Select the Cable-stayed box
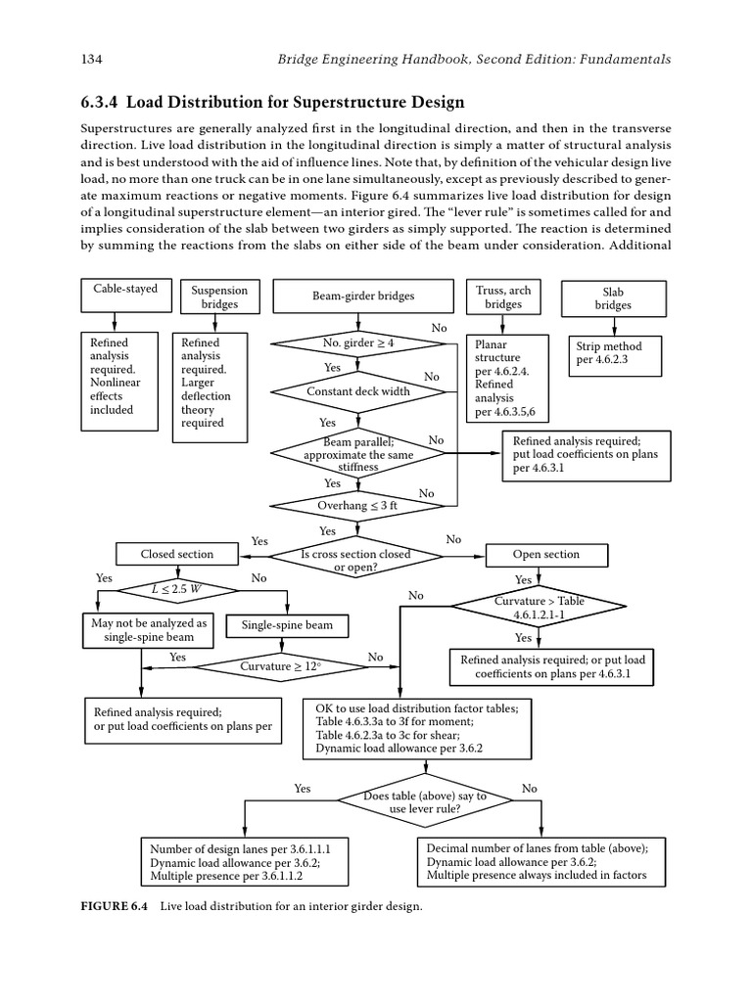pyautogui.click(x=125, y=290)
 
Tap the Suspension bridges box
pyautogui.click(x=219, y=297)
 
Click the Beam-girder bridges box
pyautogui.click(x=362, y=296)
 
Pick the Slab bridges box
pyautogui.click(x=614, y=298)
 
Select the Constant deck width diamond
pyautogui.click(x=358, y=391)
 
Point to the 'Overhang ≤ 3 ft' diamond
pyautogui.click(x=358, y=505)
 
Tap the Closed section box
pyautogui.click(x=176, y=554)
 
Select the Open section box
pyautogui.click(x=546, y=554)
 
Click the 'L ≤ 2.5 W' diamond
pyautogui.click(x=177, y=589)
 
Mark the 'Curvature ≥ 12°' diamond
pyautogui.click(x=280, y=666)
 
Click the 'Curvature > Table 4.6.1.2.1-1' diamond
pyautogui.click(x=546, y=608)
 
